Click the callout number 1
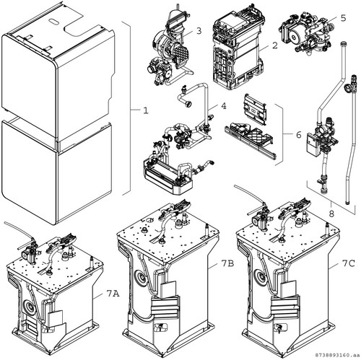(146, 110)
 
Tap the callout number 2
(275, 45)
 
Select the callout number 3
(199, 31)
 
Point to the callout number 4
(224, 106)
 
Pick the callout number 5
(343, 18)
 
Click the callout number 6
(299, 135)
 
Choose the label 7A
(113, 294)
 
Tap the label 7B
(227, 264)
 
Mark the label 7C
(348, 264)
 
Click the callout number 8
(331, 214)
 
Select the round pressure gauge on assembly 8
(347, 87)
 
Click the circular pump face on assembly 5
(294, 38)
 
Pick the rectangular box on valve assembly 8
(312, 144)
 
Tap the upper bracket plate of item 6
(254, 110)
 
